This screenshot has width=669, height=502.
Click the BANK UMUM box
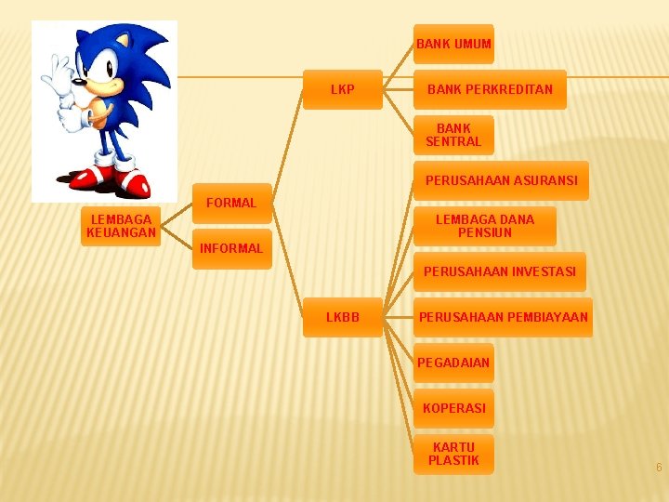click(453, 44)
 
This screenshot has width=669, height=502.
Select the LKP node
click(342, 90)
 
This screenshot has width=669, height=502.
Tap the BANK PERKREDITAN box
click(490, 90)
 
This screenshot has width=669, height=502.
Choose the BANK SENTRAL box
click(453, 135)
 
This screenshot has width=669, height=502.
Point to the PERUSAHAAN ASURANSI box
click(501, 180)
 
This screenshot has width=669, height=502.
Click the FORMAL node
click(231, 203)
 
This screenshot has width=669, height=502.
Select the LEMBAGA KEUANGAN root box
click(121, 226)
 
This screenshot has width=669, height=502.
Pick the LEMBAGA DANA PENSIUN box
click(485, 226)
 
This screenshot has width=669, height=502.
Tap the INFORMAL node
click(231, 248)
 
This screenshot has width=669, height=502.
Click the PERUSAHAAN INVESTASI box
click(499, 272)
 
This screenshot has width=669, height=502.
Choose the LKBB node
click(342, 317)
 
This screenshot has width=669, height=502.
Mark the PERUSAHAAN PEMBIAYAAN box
click(503, 317)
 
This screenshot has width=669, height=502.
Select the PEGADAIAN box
click(453, 363)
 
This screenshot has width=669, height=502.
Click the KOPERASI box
click(453, 408)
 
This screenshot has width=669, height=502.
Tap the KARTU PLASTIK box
click(453, 454)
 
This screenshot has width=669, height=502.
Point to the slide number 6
click(659, 468)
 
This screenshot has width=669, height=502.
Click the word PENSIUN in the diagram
click(485, 232)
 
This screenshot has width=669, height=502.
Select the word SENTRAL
click(453, 141)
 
